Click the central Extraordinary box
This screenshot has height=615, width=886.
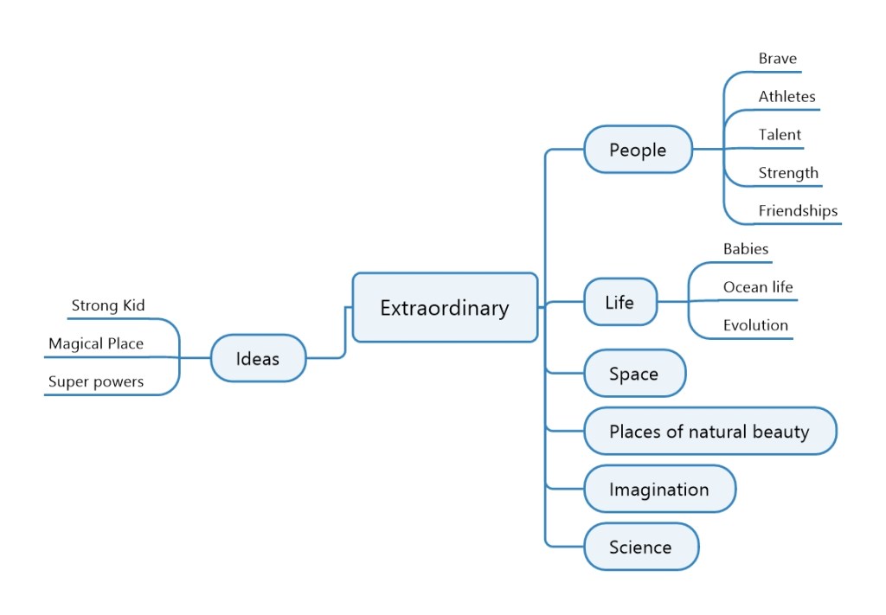pos(445,308)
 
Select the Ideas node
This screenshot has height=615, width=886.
pos(258,357)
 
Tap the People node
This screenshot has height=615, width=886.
pos(638,150)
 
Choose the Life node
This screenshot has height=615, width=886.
pos(620,302)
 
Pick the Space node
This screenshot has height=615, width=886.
pos(633,374)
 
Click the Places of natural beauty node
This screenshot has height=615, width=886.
pos(709,431)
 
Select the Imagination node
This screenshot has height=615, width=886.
pos(658,489)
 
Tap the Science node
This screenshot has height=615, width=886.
pos(640,547)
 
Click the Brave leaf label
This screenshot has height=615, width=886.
pos(777,59)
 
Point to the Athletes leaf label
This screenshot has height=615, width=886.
pos(786,97)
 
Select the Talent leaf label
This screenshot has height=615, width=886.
pos(780,135)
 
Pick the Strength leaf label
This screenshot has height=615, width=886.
pos(788,173)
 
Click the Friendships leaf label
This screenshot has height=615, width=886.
pos(798,210)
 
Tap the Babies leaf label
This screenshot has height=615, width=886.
pos(746,249)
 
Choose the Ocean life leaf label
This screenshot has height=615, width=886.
pos(758,287)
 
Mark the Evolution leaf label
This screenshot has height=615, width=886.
pos(755,325)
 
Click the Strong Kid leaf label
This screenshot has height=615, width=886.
pos(108,305)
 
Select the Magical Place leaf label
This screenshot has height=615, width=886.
pos(96,343)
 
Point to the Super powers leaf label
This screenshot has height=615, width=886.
pos(96,381)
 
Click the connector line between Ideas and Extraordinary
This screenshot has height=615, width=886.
pos(345,333)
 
